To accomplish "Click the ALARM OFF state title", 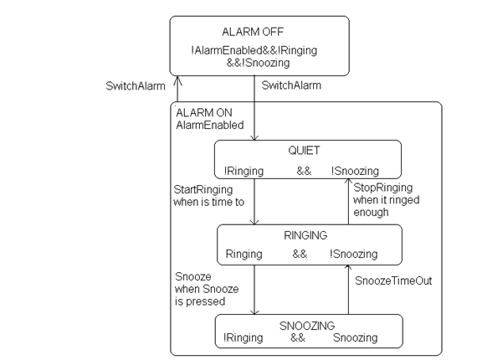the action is [x=253, y=32].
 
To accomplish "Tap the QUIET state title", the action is [x=304, y=151].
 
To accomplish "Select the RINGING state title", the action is [x=305, y=235].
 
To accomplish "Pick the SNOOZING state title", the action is [x=307, y=326].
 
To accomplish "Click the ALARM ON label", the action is [x=204, y=113].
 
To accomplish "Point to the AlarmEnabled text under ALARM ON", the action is [x=210, y=125].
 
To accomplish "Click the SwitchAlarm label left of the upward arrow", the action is [x=136, y=85].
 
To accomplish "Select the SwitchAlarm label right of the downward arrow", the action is [x=291, y=85].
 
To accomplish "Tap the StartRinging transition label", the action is [x=203, y=190].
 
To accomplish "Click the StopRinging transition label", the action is [x=383, y=188].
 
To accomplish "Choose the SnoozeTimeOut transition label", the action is [x=393, y=280].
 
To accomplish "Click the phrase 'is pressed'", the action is [x=200, y=301].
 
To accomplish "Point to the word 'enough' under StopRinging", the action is [x=371, y=212].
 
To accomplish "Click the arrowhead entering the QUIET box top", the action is [x=254, y=138].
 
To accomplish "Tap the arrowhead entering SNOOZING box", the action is [x=254, y=311].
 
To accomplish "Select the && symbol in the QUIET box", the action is [x=304, y=171].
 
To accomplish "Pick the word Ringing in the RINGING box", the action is [x=244, y=254].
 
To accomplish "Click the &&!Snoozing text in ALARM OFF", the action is [x=259, y=63].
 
